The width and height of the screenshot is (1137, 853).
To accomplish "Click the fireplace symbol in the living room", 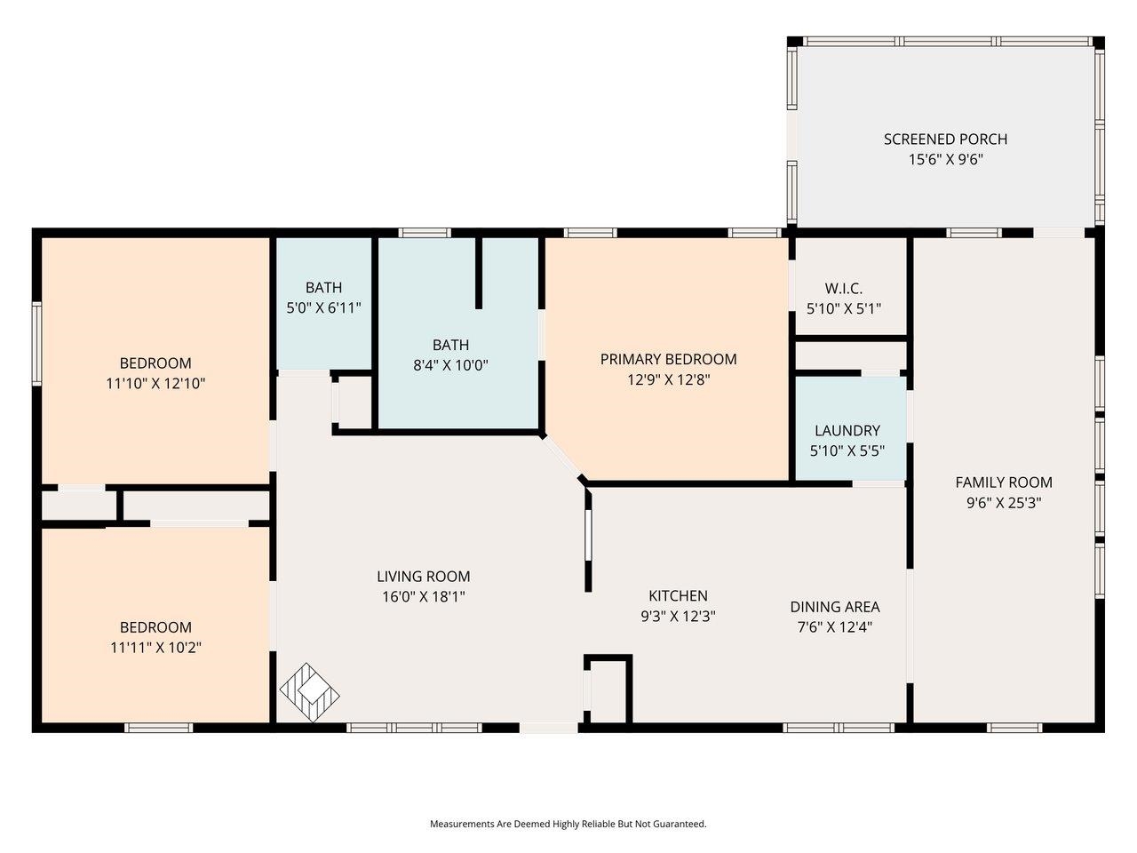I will (x=310, y=692).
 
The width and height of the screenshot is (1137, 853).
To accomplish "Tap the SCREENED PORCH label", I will (x=945, y=140).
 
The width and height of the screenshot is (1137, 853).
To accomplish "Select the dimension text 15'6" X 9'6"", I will (x=945, y=161).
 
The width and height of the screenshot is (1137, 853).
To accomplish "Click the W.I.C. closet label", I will (x=843, y=288).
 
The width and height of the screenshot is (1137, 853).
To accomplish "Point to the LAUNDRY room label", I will (x=847, y=430).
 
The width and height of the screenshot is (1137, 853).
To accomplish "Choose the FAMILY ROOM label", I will (x=1003, y=482).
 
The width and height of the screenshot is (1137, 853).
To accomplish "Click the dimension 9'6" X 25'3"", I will (x=1003, y=503).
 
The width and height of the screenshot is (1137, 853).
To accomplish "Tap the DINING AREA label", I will (x=834, y=607).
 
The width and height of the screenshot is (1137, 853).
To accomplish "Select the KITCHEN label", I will (x=678, y=596).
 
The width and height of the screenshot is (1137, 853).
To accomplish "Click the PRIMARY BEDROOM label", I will (x=668, y=359).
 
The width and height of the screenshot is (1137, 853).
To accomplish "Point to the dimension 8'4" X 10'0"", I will (x=450, y=365).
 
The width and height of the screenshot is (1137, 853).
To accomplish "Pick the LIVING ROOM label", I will (x=423, y=577).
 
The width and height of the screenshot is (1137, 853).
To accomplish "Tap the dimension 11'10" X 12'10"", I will (x=155, y=384).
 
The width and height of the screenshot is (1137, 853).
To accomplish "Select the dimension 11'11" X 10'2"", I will (x=155, y=648).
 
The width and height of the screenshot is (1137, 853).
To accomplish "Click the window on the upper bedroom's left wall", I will (x=37, y=343).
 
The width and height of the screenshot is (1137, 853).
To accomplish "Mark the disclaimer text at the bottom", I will (x=568, y=824).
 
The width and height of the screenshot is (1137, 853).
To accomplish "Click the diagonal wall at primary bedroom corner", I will (x=563, y=457).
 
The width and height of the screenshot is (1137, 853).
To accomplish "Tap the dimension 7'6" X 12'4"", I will (x=834, y=627).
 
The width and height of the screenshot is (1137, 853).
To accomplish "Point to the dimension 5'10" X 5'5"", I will (x=847, y=450).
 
